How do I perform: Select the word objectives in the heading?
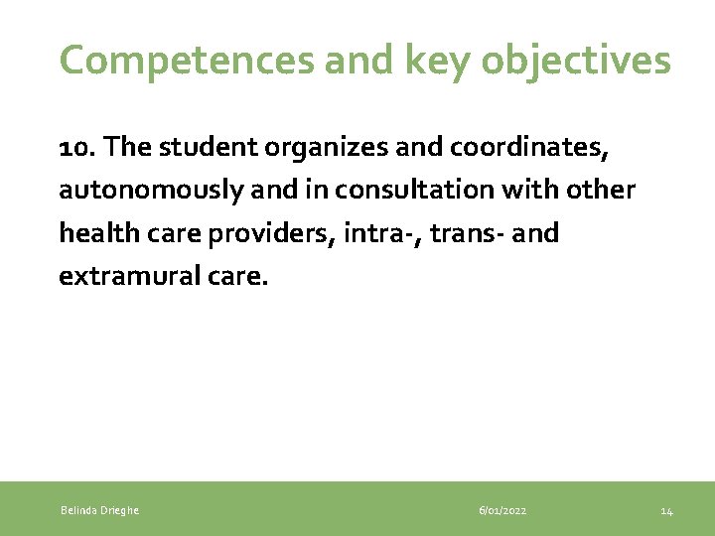[577, 61]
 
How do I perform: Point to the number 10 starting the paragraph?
[76, 147]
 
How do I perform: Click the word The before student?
[127, 147]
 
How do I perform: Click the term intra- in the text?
[377, 234]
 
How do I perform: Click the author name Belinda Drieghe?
[99, 510]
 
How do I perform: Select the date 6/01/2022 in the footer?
[502, 510]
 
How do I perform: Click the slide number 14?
[667, 510]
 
